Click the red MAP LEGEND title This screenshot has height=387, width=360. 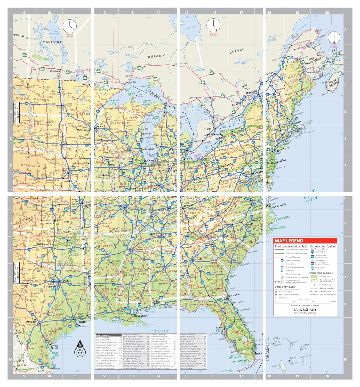[x=289, y=241]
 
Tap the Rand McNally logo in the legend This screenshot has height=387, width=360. [x=305, y=310]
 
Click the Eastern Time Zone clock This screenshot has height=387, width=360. [x=213, y=25]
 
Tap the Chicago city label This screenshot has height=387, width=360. [x=150, y=160]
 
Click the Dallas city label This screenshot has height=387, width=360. [x=66, y=281]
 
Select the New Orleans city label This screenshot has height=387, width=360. [x=142, y=316]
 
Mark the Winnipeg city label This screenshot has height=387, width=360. [x=55, y=71]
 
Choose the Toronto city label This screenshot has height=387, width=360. [x=209, y=128]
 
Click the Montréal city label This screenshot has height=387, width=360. [x=252, y=92]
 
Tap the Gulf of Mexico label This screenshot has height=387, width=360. [x=157, y=331]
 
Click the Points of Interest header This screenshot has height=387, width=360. [x=104, y=335]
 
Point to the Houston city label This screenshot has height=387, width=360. [x=82, y=322]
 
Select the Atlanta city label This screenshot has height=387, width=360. [x=198, y=259]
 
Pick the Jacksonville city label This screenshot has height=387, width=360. [x=234, y=294]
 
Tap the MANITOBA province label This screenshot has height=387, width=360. [x=52, y=42]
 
